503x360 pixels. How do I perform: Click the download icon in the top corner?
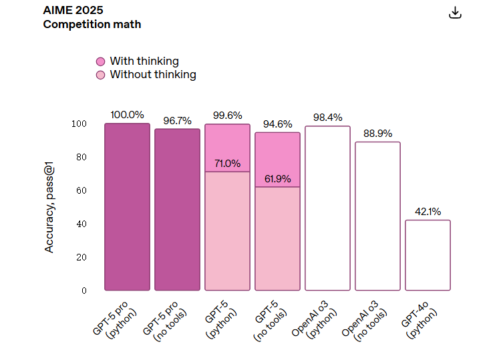tap(456, 13)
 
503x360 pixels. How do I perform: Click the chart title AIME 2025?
tap(73, 11)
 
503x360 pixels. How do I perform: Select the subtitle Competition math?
tap(92, 25)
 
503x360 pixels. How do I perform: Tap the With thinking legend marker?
tap(101, 61)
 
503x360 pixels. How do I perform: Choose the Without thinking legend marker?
tap(101, 75)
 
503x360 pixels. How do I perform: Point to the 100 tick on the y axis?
tap(79, 124)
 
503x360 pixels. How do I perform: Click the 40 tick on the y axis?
tap(81, 224)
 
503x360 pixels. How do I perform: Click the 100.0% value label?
tap(127, 115)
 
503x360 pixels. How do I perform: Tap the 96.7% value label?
tap(177, 121)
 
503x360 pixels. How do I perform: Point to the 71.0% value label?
tap(227, 164)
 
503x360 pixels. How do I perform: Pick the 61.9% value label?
tap(277, 179)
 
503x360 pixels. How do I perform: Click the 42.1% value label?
tap(428, 212)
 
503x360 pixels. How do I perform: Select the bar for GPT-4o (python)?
tap(428, 255)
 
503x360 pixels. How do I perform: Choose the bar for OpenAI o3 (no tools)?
tap(377, 216)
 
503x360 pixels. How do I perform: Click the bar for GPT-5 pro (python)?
tap(127, 207)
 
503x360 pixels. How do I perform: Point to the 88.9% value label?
tap(377, 134)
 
